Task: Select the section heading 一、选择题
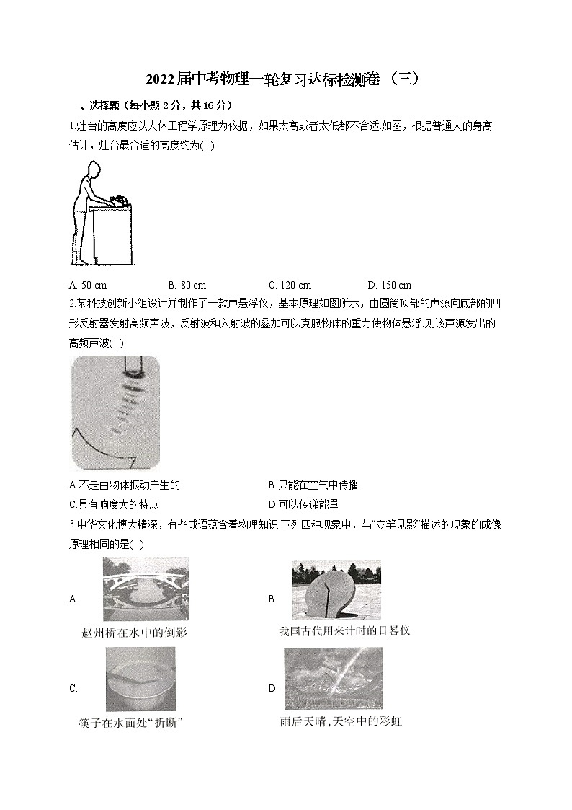(95, 105)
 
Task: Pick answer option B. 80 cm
(187, 285)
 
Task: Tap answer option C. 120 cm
(290, 285)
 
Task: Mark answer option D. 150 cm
(389, 285)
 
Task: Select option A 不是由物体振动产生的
(124, 485)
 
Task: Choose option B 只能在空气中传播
(313, 485)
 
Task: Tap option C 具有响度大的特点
(114, 504)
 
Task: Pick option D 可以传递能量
(303, 504)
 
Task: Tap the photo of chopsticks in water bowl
(140, 679)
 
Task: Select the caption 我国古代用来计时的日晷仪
(344, 631)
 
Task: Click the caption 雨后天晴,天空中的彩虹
(341, 721)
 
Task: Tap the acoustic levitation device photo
(115, 412)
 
